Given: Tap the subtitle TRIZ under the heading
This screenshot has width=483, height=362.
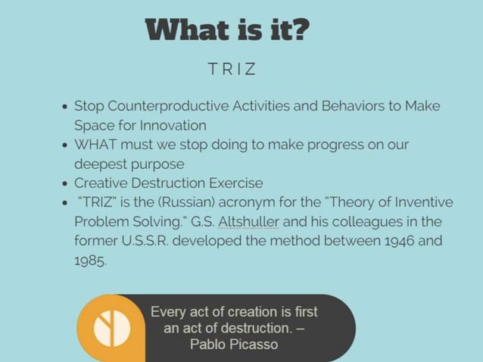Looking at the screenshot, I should [x=232, y=70].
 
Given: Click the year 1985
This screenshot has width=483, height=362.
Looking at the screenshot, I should [x=90, y=260].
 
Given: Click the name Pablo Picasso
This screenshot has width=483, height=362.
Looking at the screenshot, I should [x=233, y=345].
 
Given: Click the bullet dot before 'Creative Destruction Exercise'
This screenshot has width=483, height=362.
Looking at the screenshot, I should [x=66, y=183].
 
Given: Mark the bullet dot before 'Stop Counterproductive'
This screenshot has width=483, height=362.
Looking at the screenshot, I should [x=66, y=107].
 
